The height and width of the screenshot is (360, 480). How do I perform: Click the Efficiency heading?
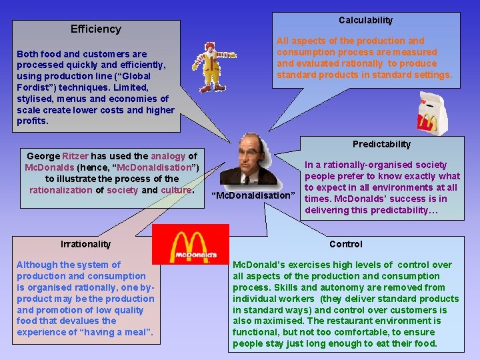pos(96,29)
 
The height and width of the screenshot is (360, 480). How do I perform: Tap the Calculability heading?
pos(365,20)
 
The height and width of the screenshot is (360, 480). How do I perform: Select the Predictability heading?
pos(381,144)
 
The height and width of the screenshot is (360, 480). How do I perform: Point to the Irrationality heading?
pos(85,244)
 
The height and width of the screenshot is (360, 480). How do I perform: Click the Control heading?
pos(346,244)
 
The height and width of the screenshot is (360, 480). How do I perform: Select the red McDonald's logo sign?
pos(191,244)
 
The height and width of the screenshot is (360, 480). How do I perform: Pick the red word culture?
pos(176,190)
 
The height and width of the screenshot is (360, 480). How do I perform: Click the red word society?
pos(123,190)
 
